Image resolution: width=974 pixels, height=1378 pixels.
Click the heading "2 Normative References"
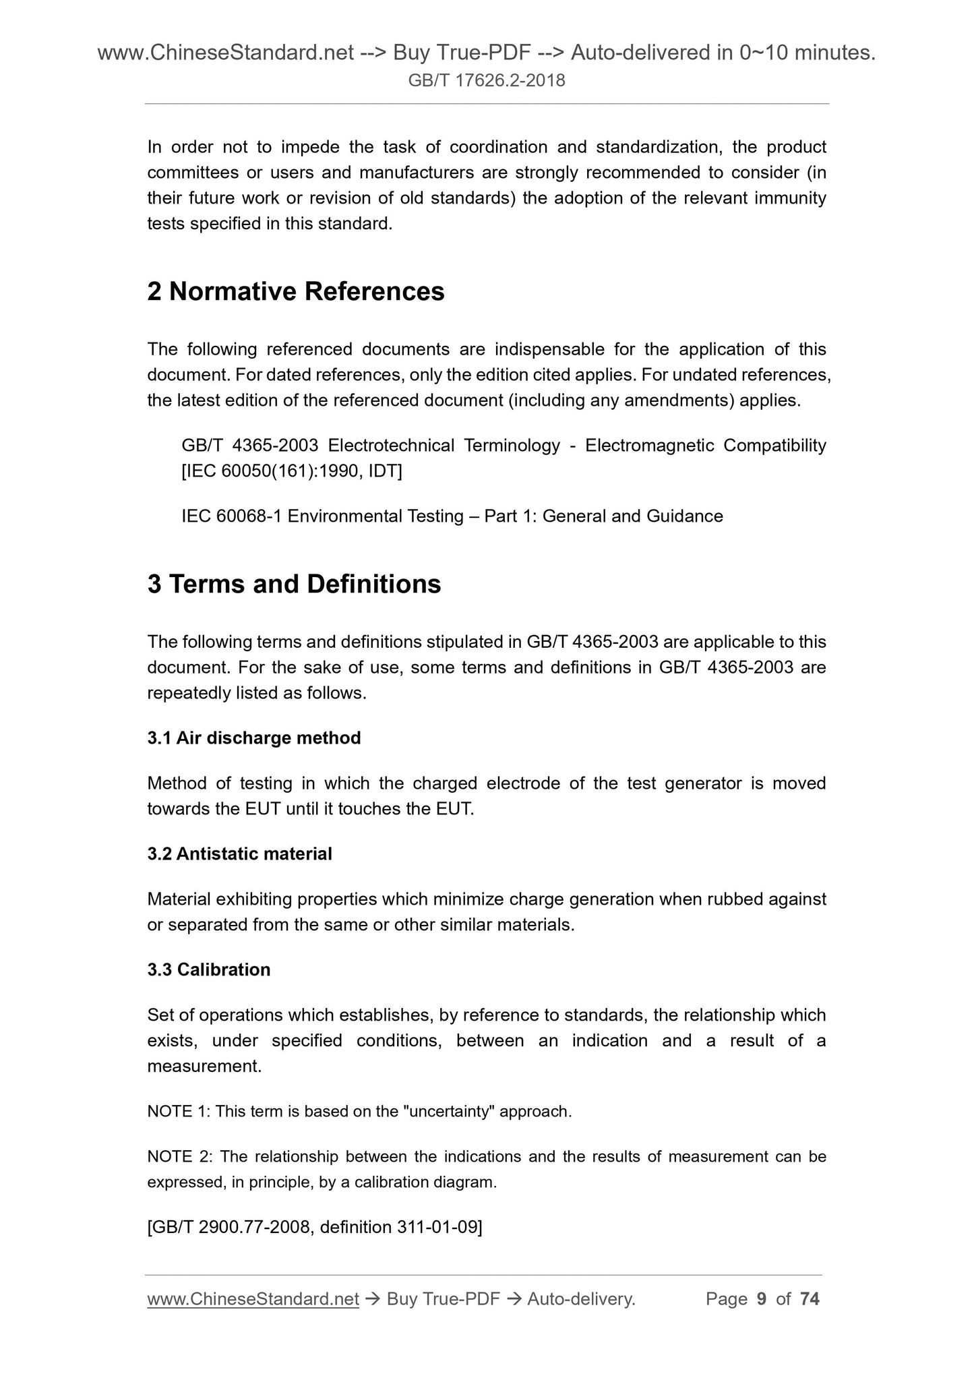[x=296, y=292]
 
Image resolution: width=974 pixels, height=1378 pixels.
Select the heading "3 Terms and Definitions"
[x=294, y=584]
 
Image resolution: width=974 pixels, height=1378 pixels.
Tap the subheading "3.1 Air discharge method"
[x=254, y=738]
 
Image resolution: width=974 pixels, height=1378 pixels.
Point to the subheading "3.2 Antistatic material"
[x=239, y=854]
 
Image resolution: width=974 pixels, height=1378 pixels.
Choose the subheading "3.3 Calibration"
[x=209, y=969]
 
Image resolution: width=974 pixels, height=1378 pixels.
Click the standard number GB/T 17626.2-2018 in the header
[x=487, y=82]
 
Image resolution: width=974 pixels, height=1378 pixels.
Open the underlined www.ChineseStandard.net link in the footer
[x=253, y=1299]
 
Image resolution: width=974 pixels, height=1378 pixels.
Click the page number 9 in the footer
[x=762, y=1299]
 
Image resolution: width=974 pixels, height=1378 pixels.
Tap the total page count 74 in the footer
[x=810, y=1299]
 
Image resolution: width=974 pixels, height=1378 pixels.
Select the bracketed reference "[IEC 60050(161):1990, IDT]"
[x=292, y=471]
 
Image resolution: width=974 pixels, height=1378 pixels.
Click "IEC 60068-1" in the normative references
[x=232, y=516]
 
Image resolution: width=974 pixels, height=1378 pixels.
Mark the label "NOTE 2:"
[x=180, y=1157]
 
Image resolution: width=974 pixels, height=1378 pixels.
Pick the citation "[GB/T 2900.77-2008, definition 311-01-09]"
[x=315, y=1227]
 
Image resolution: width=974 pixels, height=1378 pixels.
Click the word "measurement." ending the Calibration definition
[x=204, y=1067]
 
